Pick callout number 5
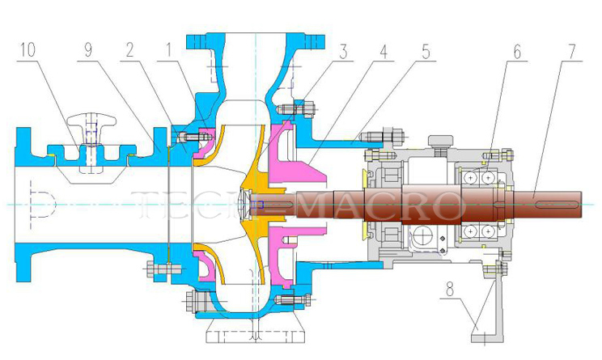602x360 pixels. [425, 51]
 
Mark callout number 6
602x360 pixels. [516, 51]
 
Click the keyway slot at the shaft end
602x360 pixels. [559, 204]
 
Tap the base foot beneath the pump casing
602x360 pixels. [252, 332]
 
